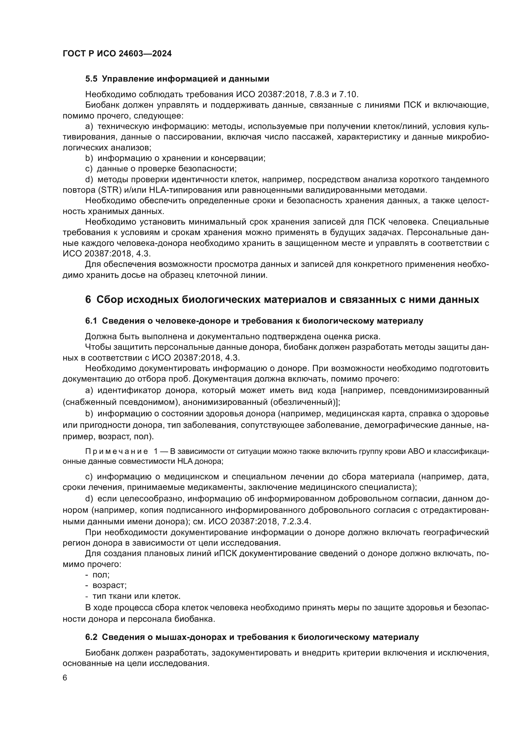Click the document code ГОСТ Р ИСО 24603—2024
[117, 54]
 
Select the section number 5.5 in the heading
[91, 79]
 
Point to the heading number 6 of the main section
[88, 299]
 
